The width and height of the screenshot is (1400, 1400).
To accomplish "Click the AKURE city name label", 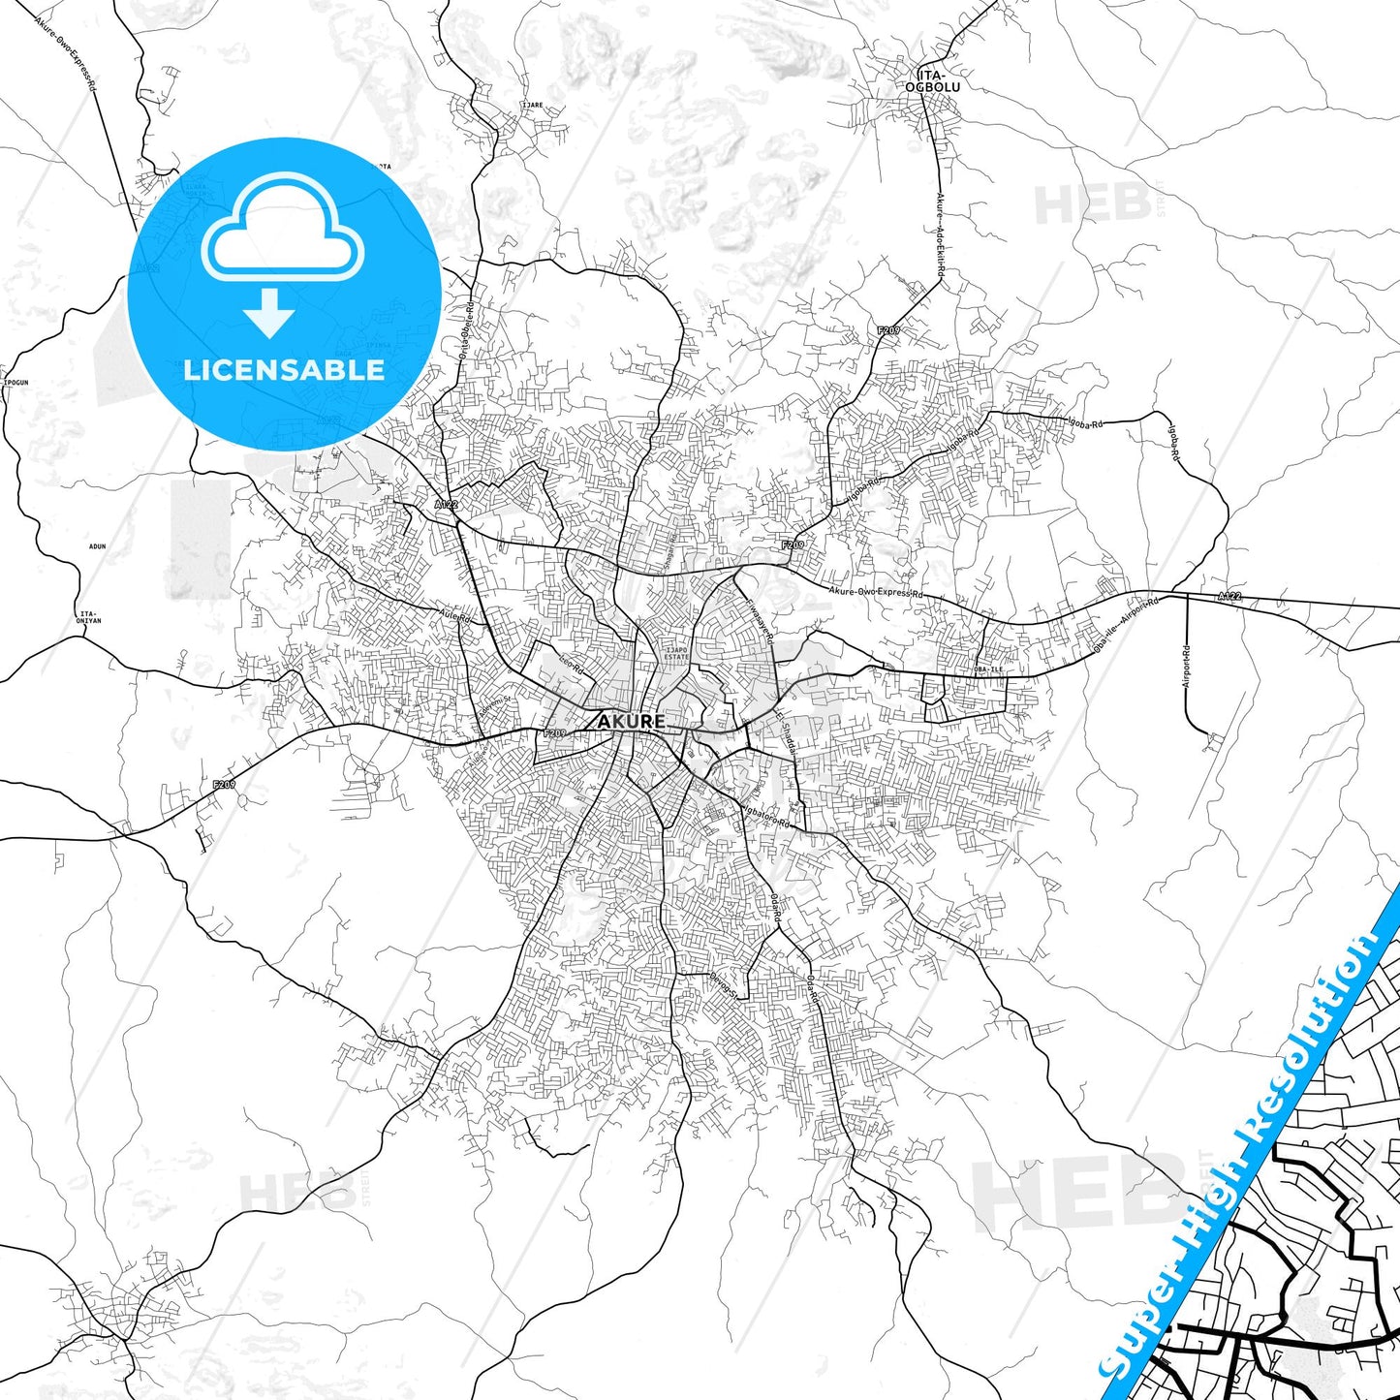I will click(x=631, y=722).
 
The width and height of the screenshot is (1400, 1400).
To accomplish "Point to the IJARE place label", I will click(x=532, y=105).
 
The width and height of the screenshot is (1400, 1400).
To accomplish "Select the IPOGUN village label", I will click(x=16, y=383).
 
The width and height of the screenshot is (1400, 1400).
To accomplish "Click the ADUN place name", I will click(x=97, y=546).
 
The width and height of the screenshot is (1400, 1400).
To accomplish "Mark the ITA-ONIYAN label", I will click(x=89, y=616).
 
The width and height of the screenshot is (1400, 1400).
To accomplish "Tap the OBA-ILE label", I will click(x=988, y=669).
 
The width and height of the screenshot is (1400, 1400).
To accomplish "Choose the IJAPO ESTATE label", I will click(x=676, y=653).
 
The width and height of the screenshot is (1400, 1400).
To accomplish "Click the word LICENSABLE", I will click(x=284, y=370).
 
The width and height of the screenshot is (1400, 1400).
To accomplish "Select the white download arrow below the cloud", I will click(x=269, y=311).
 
